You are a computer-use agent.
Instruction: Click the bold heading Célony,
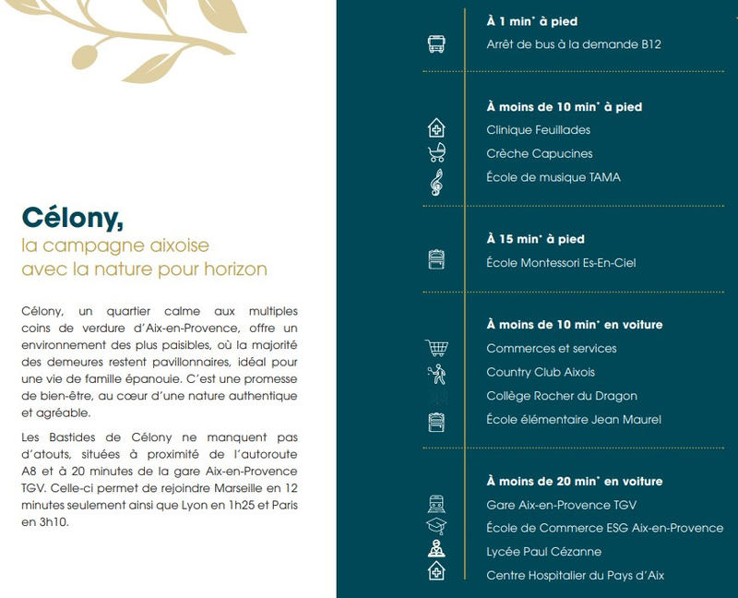click(x=73, y=217)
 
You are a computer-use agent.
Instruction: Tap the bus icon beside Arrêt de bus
click(x=436, y=44)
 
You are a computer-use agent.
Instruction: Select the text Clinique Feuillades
click(x=538, y=130)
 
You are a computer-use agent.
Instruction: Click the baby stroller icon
click(x=436, y=153)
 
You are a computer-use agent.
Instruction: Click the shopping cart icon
click(x=436, y=348)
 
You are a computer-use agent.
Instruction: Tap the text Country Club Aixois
click(x=541, y=372)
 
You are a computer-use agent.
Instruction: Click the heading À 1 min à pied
click(x=531, y=21)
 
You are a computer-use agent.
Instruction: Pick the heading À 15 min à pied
click(x=534, y=239)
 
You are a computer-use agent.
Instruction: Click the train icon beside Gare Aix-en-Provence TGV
click(x=436, y=505)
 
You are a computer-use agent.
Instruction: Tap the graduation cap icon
click(x=436, y=528)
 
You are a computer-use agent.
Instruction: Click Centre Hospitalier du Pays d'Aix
click(x=575, y=576)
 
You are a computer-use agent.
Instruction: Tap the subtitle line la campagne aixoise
click(x=115, y=246)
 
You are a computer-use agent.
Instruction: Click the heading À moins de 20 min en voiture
click(x=574, y=481)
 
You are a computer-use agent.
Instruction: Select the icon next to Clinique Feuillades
click(x=436, y=129)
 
